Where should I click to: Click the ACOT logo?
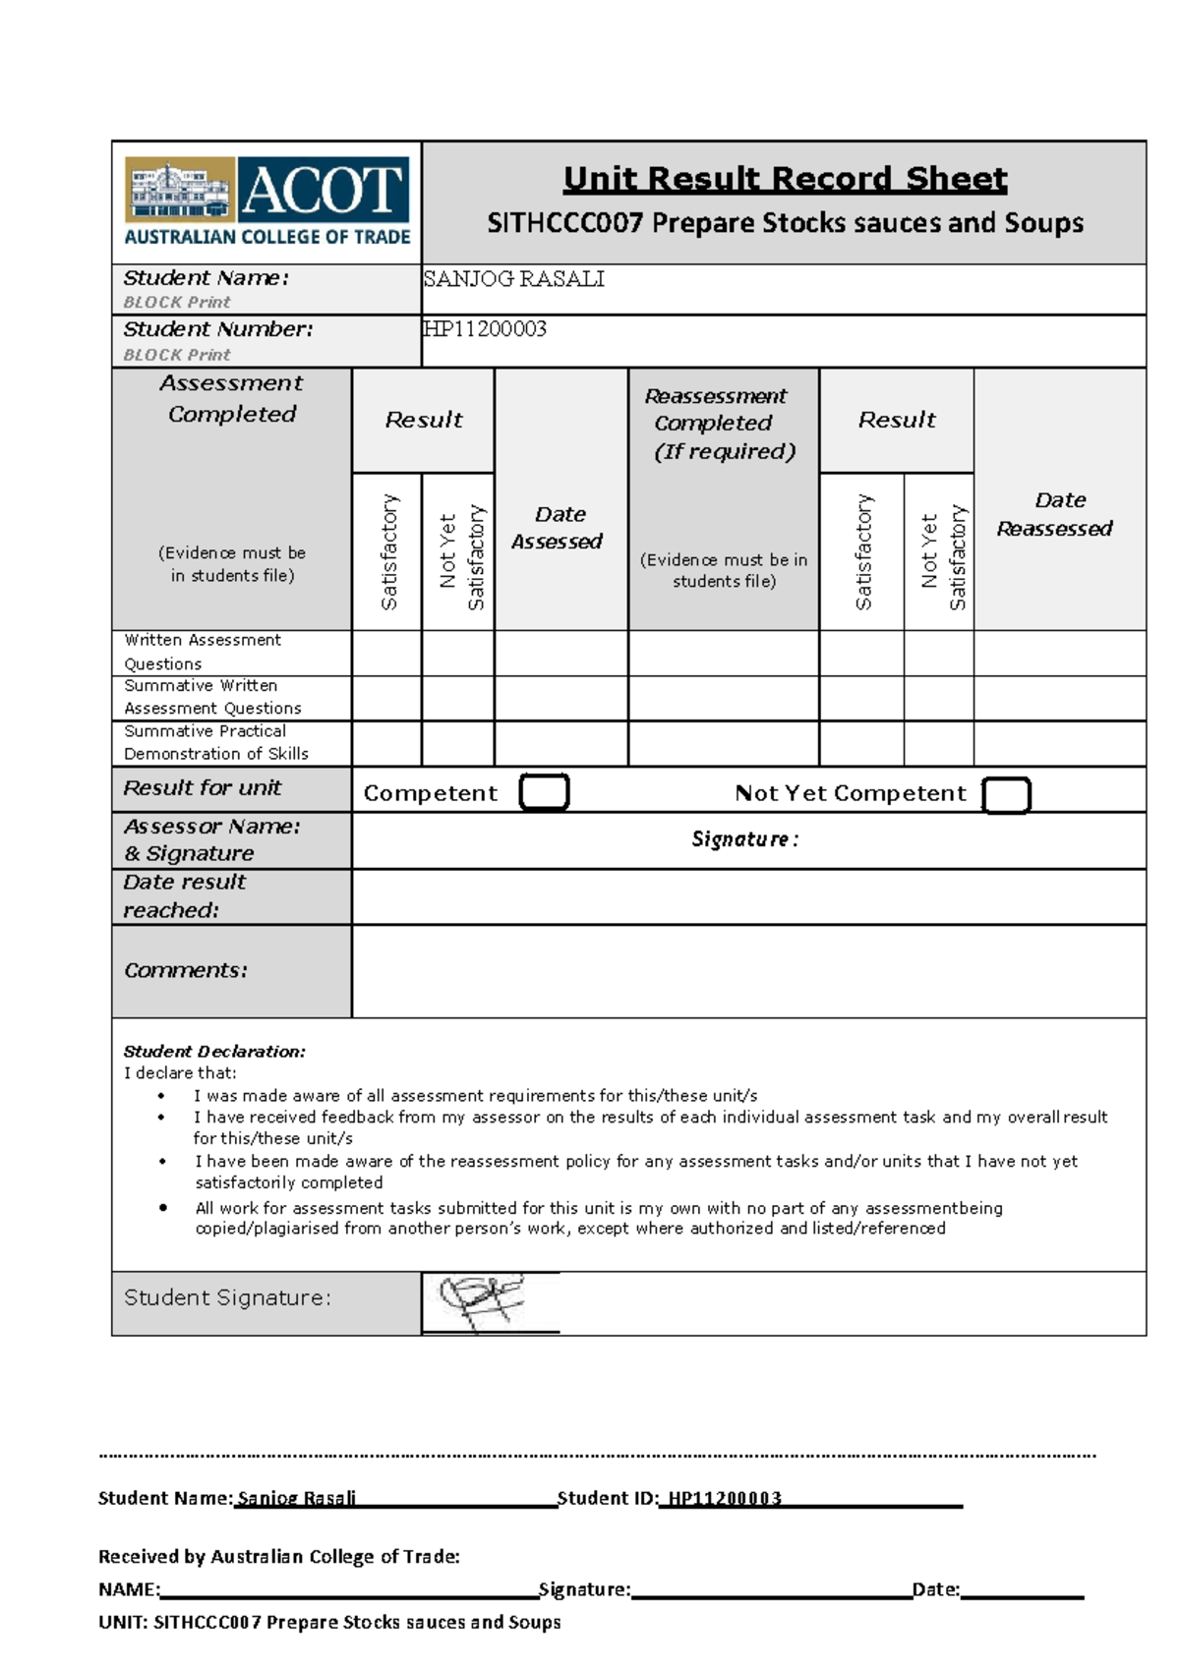(x=266, y=202)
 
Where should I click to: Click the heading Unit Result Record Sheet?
(x=785, y=179)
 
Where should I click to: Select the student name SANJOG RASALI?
(x=513, y=279)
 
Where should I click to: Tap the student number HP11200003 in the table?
(x=485, y=329)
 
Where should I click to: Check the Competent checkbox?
(x=544, y=792)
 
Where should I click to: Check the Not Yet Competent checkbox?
(x=1006, y=795)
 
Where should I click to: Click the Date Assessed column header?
(x=559, y=528)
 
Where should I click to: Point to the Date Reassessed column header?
(x=1056, y=514)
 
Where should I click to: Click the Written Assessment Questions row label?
(x=202, y=652)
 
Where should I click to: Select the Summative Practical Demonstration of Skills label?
(x=215, y=742)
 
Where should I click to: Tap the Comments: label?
(x=186, y=970)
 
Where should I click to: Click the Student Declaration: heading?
(x=214, y=1051)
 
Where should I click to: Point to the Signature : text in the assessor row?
(x=744, y=839)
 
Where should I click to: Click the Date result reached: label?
(x=185, y=895)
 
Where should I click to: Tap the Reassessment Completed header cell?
(x=723, y=424)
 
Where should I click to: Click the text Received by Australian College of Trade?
(x=279, y=1556)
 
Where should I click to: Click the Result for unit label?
(x=202, y=788)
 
